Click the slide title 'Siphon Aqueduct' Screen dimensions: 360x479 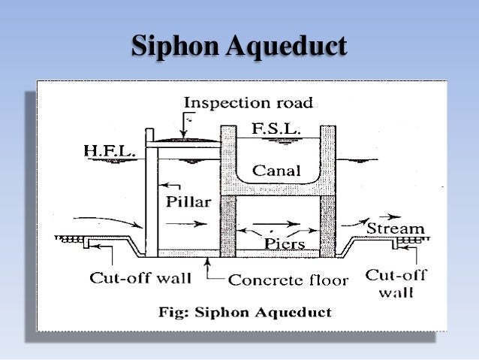click(239, 46)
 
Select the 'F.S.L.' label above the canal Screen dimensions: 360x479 click(276, 129)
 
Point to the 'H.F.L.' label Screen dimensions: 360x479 click(108, 153)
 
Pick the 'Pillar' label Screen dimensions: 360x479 click(184, 202)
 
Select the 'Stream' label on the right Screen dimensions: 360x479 click(395, 227)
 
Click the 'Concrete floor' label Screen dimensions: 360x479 click(288, 280)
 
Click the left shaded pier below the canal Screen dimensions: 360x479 click(227, 225)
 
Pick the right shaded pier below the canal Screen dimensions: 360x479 click(327, 225)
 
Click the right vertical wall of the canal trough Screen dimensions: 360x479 click(327, 158)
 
